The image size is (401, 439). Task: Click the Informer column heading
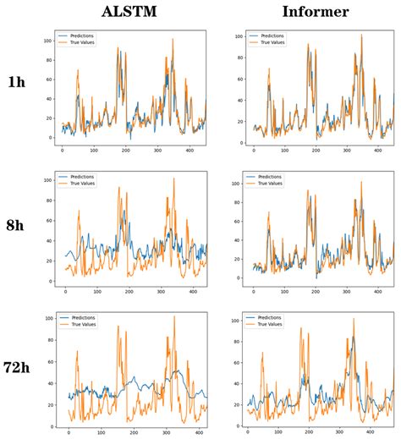click(305, 12)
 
